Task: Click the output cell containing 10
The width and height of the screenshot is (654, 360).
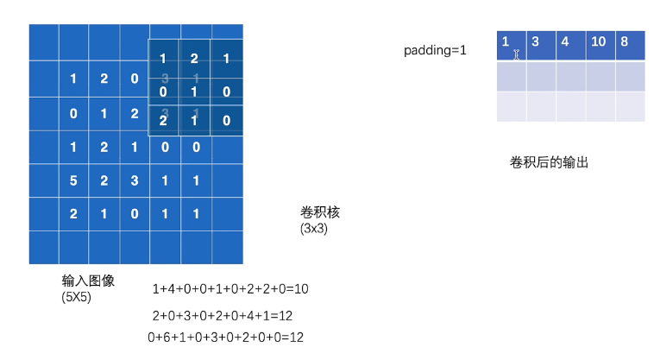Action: [600, 41]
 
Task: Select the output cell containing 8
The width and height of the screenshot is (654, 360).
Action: [630, 41]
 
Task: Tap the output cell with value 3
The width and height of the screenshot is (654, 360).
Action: [541, 41]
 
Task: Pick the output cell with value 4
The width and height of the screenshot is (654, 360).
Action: [570, 41]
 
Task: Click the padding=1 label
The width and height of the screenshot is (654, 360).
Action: [435, 51]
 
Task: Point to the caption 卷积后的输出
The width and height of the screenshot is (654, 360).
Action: [549, 161]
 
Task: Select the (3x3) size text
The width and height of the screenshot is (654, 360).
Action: [313, 229]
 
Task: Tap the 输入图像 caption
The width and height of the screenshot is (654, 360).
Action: [88, 281]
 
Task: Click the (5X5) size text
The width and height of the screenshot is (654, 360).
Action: [76, 297]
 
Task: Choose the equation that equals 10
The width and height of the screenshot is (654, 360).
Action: [230, 289]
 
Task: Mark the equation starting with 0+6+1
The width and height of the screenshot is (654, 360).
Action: [226, 337]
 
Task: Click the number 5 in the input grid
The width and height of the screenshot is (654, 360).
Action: [73, 181]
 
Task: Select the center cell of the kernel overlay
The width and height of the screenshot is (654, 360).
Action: [194, 91]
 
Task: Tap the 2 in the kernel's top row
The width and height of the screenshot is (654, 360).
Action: [194, 60]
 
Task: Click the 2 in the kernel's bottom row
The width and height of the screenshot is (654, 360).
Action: [163, 120]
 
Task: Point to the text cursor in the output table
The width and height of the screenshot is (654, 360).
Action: [517, 54]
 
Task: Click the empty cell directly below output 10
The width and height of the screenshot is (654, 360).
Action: [600, 76]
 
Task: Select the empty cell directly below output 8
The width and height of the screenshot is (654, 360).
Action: [630, 76]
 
